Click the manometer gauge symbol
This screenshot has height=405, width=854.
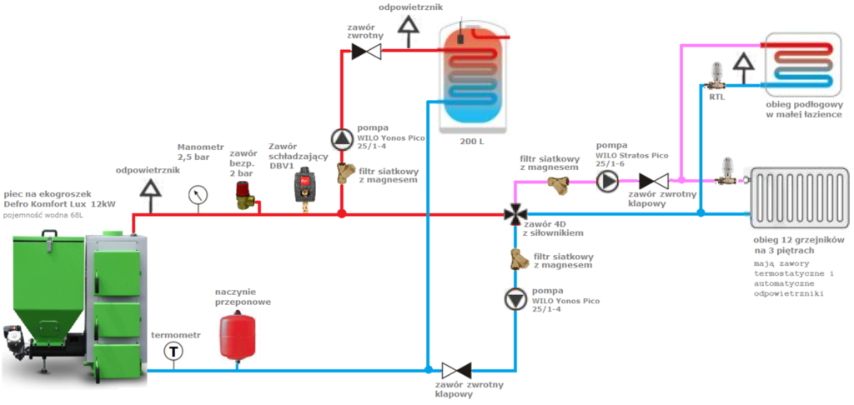point(198,193)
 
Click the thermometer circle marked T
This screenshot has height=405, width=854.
point(173,351)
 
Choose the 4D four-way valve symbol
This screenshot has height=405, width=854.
point(515,214)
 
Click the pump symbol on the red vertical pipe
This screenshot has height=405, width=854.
point(342,137)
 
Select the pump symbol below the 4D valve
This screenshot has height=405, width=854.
point(515,299)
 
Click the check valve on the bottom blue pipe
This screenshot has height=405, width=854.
point(456,369)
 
